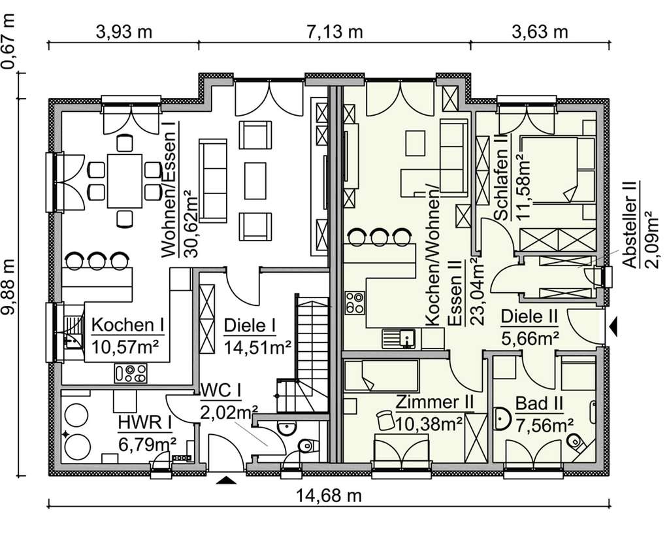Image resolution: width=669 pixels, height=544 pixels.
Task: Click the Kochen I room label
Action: (x=127, y=325)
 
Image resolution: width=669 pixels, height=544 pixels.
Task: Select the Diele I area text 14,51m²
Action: (x=257, y=347)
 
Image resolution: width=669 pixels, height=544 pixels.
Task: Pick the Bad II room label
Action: (x=540, y=403)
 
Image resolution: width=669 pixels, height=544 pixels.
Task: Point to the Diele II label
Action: (x=529, y=317)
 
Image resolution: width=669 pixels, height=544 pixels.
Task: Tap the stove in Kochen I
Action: (x=131, y=373)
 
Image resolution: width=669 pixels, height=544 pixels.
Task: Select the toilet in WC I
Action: (x=305, y=447)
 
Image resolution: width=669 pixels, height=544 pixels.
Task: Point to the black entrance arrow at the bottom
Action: (x=226, y=481)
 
